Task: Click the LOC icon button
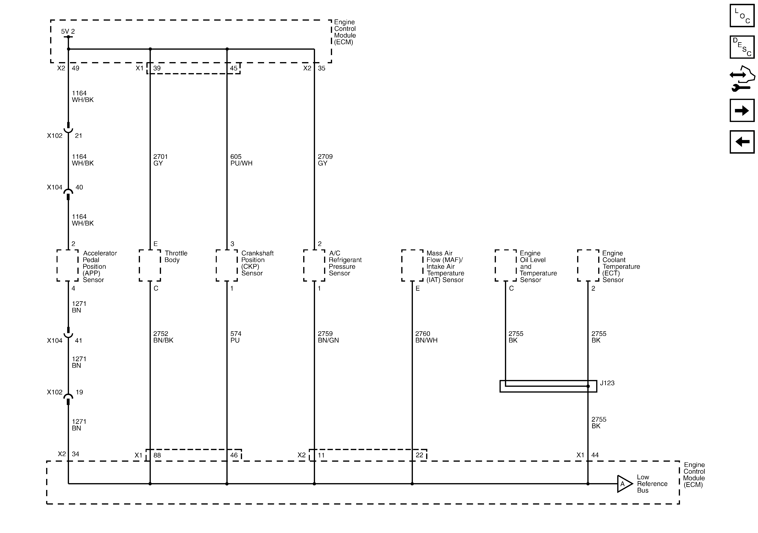(x=742, y=15)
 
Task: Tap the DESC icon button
(x=742, y=47)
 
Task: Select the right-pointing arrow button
(x=742, y=111)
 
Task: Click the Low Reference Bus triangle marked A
(x=624, y=484)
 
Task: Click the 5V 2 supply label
(x=68, y=31)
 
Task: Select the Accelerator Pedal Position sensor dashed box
(x=68, y=266)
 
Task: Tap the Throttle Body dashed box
(x=150, y=266)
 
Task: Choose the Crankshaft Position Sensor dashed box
(x=227, y=266)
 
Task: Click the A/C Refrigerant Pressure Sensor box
(x=314, y=266)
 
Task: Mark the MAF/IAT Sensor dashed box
(x=412, y=266)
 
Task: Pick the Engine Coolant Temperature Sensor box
(x=588, y=266)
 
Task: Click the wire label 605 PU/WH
(x=241, y=160)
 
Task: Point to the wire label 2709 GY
(x=325, y=160)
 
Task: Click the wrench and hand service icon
(x=742, y=79)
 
